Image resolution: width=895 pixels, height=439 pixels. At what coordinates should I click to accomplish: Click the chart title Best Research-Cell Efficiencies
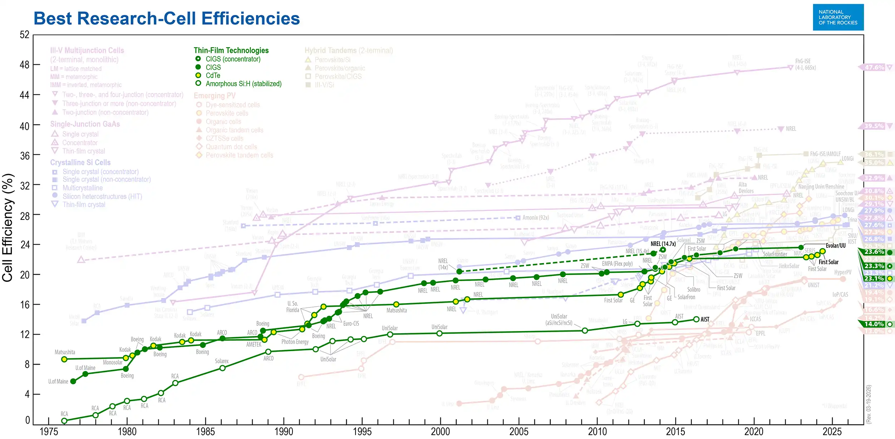click(167, 19)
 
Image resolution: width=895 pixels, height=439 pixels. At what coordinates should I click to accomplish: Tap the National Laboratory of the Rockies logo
click(838, 17)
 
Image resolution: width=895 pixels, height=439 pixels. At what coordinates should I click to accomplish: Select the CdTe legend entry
click(213, 75)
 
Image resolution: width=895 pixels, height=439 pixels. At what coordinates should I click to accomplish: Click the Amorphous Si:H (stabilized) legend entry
click(243, 84)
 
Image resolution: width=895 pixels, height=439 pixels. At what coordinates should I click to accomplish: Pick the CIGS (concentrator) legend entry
click(233, 59)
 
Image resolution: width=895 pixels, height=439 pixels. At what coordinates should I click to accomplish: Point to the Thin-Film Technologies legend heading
click(231, 50)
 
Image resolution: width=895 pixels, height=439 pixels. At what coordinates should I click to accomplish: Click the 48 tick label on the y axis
click(24, 65)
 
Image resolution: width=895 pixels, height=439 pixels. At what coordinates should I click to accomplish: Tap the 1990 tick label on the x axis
click(284, 431)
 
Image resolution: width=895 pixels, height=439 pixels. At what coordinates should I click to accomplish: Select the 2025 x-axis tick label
click(832, 431)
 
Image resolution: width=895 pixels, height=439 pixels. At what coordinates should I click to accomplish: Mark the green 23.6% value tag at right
click(874, 252)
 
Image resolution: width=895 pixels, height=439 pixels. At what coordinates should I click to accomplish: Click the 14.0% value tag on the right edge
click(874, 324)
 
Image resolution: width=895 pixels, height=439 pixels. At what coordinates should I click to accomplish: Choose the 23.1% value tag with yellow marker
click(874, 278)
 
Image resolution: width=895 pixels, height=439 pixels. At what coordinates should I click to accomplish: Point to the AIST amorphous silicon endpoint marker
click(696, 319)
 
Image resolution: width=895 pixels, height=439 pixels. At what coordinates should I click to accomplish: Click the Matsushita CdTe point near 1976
click(64, 359)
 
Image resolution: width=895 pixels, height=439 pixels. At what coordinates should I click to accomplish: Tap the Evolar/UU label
click(835, 246)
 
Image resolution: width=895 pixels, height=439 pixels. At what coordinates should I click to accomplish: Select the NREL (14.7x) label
click(663, 244)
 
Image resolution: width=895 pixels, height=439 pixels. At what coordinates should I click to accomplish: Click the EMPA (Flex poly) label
click(617, 264)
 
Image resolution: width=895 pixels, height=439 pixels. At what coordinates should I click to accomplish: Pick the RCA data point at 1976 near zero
click(64, 421)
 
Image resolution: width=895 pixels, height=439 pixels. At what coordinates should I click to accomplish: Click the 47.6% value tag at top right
click(874, 67)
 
